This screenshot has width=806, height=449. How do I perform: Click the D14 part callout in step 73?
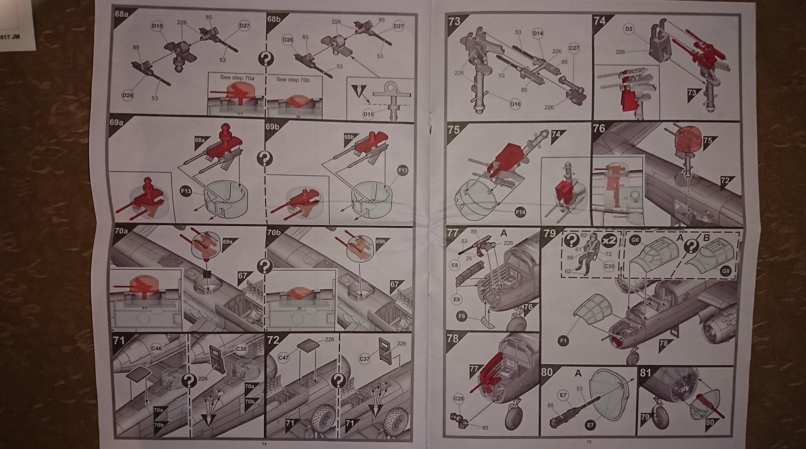pos(538,33)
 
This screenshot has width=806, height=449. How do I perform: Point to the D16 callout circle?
pos(515,103)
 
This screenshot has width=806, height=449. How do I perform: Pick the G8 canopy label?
pos(726,271)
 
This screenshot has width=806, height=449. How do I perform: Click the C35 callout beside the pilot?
pos(609,266)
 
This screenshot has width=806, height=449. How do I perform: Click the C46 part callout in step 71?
pos(156,349)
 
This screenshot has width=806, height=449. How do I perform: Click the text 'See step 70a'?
pos(237,77)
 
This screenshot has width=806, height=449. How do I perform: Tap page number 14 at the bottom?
pos(264,444)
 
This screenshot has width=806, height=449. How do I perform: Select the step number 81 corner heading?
pos(645,373)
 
